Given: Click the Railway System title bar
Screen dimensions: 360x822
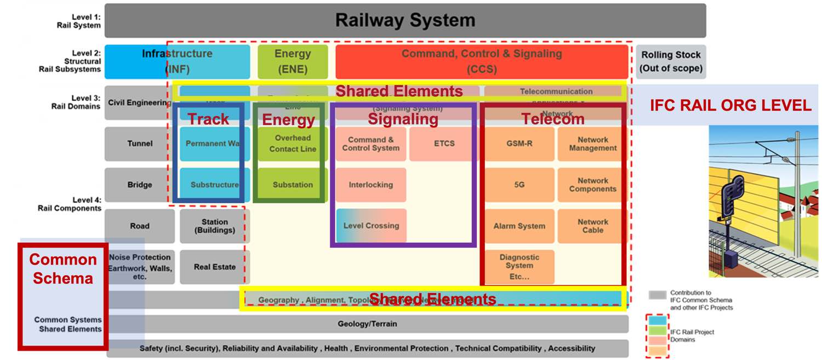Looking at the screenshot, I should tap(405, 21).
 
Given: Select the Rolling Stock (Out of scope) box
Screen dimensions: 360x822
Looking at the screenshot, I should tap(671, 61).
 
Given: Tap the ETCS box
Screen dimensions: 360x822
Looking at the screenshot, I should tap(444, 144).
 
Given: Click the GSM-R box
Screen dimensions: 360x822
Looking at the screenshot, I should tap(519, 144).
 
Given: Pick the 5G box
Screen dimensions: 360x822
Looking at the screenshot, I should tap(519, 185).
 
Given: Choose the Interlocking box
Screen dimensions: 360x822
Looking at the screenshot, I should tap(371, 185).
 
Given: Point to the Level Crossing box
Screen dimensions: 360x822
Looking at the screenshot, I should tap(371, 226).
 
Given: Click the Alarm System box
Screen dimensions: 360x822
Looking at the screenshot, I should tap(519, 226).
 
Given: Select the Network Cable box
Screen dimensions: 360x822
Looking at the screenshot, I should tap(592, 226).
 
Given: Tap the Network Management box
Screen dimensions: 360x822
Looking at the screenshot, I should tap(592, 144).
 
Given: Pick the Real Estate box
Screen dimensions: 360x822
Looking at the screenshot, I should tap(215, 267).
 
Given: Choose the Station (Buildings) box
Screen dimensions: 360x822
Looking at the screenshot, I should tap(215, 226).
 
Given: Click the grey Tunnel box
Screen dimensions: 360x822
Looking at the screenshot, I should tap(140, 144).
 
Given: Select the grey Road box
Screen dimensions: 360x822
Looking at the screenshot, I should tap(140, 226).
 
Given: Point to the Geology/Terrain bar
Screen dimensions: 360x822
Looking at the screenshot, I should tap(367, 324).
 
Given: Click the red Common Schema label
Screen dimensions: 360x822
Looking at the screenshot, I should tap(62, 269).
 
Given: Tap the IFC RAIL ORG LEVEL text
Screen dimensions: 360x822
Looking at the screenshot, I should tap(730, 106).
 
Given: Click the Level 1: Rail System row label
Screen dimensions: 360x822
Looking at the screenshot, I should tap(79, 21).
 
